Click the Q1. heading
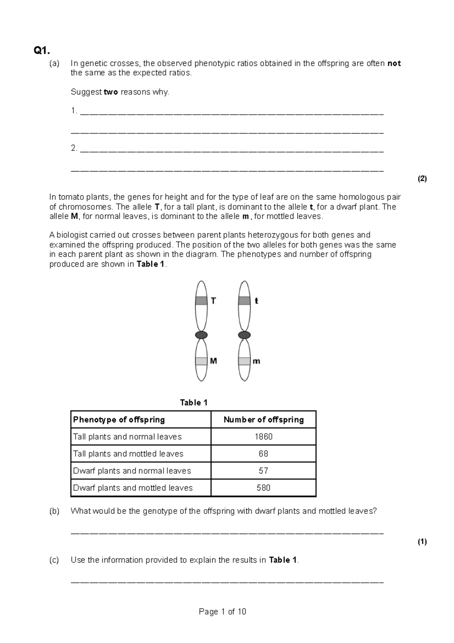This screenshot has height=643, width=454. pyautogui.click(x=42, y=50)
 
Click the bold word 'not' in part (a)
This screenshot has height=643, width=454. pyautogui.click(x=394, y=64)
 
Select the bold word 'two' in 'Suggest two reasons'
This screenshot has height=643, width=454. pyautogui.click(x=110, y=92)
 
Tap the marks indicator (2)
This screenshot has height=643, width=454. pyautogui.click(x=422, y=179)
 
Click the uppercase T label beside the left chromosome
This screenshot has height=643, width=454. pyautogui.click(x=213, y=301)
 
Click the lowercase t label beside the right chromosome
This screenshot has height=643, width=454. pyautogui.click(x=257, y=301)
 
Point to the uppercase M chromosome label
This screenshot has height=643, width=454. pyautogui.click(x=213, y=361)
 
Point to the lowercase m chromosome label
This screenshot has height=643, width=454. pyautogui.click(x=257, y=361)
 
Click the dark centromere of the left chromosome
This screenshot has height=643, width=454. pyautogui.click(x=201, y=335)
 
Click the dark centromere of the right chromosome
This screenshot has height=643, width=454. pyautogui.click(x=244, y=335)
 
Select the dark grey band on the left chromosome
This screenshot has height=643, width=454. pyautogui.click(x=201, y=301)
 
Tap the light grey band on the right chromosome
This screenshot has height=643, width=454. pyautogui.click(x=244, y=361)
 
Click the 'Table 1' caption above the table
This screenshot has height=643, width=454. pyautogui.click(x=194, y=403)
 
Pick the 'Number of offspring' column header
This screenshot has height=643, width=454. pyautogui.click(x=264, y=420)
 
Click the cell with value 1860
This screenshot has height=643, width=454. pyautogui.click(x=264, y=437)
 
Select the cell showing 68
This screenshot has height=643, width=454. pyautogui.click(x=264, y=454)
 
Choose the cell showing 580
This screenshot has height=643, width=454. pyautogui.click(x=264, y=488)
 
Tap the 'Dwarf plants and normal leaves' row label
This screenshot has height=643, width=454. pyautogui.click(x=132, y=471)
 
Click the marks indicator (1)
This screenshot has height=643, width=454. pyautogui.click(x=422, y=542)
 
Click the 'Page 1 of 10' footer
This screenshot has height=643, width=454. pyautogui.click(x=222, y=612)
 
